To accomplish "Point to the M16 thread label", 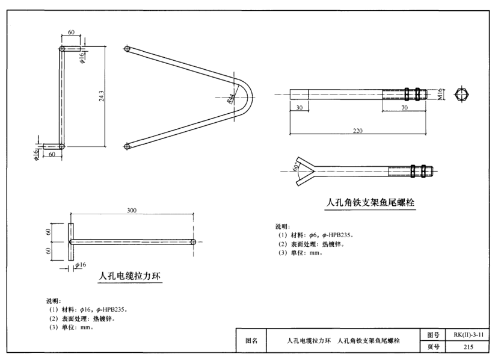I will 440,94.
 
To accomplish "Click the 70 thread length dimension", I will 405,107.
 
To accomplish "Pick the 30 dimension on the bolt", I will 299,107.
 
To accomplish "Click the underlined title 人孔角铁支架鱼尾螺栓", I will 370,203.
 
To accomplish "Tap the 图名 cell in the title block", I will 252,341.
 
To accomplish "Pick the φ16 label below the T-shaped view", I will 80,265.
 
